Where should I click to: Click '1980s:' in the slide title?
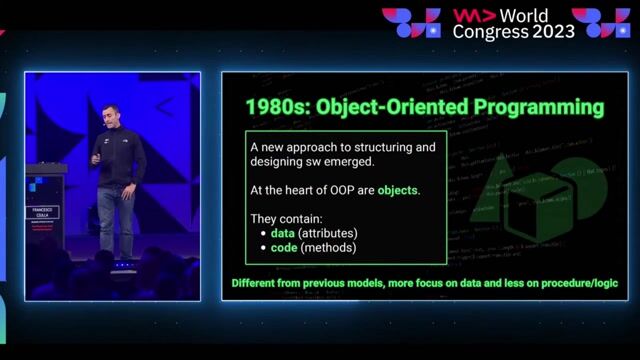(x=274, y=105)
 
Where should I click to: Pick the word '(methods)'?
(x=333, y=247)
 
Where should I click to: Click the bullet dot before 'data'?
(x=262, y=233)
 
